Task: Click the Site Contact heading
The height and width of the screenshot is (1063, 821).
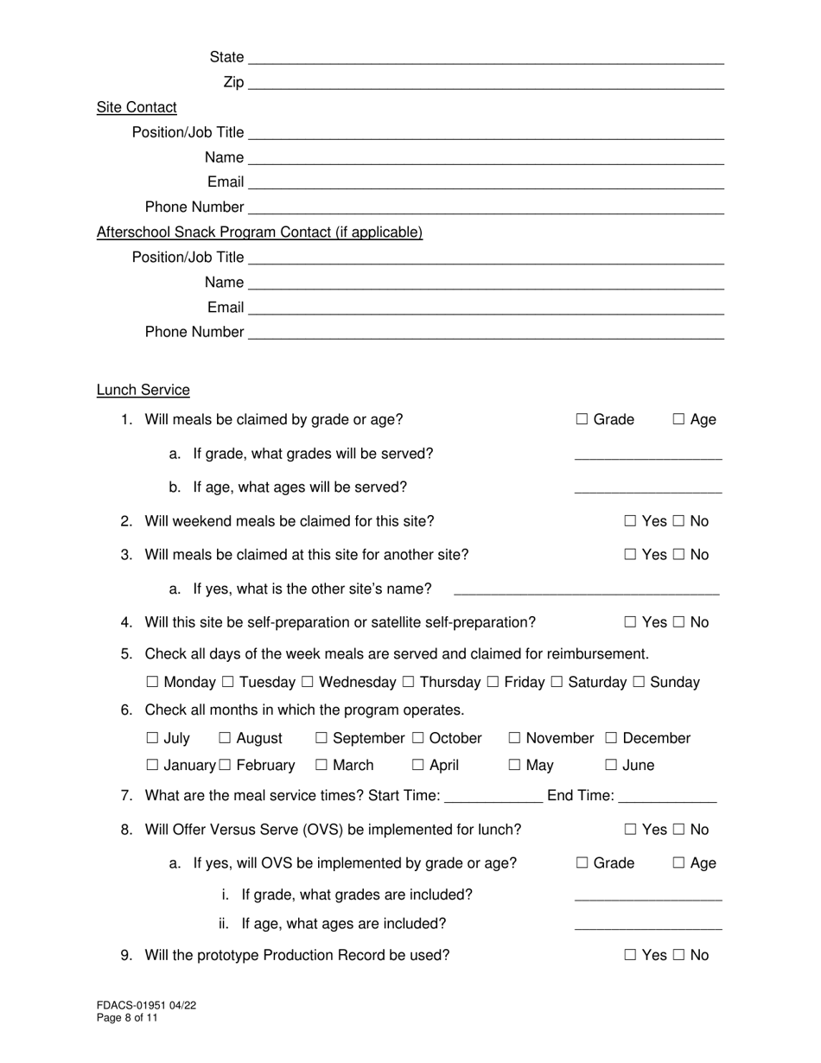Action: click(x=137, y=107)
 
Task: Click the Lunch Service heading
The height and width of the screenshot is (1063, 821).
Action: click(x=143, y=390)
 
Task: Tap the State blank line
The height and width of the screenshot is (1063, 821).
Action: click(x=485, y=59)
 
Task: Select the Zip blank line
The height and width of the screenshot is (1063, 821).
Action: click(x=485, y=84)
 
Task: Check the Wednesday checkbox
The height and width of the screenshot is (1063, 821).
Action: click(x=309, y=682)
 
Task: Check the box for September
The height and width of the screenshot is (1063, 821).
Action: click(x=321, y=738)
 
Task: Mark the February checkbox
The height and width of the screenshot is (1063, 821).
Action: click(x=226, y=765)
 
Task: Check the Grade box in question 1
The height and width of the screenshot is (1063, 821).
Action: click(x=582, y=419)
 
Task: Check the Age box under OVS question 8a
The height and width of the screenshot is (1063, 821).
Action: click(x=679, y=862)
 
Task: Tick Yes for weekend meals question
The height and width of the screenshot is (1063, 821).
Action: click(x=631, y=520)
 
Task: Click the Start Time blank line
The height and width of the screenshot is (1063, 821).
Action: click(x=492, y=797)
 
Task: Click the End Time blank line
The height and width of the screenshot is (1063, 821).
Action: click(x=668, y=797)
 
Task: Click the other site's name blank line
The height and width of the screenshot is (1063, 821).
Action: click(x=586, y=590)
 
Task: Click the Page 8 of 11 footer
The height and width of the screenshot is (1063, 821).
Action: click(x=127, y=1018)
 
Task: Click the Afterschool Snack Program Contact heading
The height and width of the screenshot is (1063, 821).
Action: click(x=259, y=232)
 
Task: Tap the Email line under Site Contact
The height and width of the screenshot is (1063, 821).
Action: click(x=485, y=183)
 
